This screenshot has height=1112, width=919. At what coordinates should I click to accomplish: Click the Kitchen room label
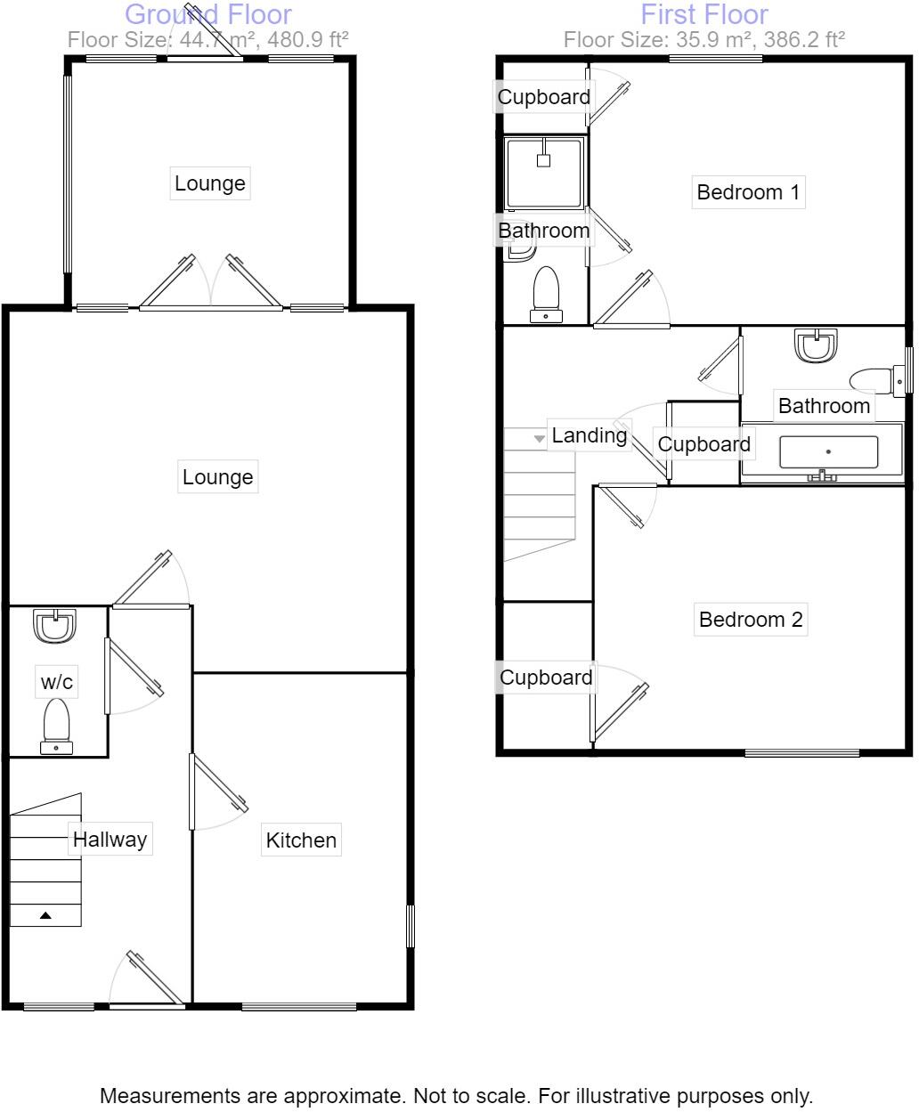(301, 840)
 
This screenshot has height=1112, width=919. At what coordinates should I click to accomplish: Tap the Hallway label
(110, 839)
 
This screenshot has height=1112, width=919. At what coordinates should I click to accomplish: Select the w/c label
(57, 682)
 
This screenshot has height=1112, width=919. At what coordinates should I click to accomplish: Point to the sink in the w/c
(56, 625)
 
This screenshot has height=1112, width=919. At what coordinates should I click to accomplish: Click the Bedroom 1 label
(748, 191)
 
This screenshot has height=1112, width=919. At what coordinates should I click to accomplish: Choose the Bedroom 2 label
(751, 619)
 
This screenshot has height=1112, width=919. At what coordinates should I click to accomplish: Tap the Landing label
(589, 435)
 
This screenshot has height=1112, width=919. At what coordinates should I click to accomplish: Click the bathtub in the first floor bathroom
(827, 452)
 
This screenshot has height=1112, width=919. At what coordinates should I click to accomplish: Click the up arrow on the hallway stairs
(45, 914)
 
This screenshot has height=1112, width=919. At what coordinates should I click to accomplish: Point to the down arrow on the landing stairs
(538, 439)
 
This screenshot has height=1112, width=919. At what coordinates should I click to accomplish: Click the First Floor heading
(703, 14)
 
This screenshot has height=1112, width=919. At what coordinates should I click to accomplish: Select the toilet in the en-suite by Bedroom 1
(545, 292)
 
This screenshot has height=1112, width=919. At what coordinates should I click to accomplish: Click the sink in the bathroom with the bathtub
(817, 345)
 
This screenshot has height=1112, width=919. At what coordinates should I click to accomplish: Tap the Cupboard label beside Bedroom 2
(546, 678)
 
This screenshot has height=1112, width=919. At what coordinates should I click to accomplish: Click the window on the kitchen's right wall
(411, 926)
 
